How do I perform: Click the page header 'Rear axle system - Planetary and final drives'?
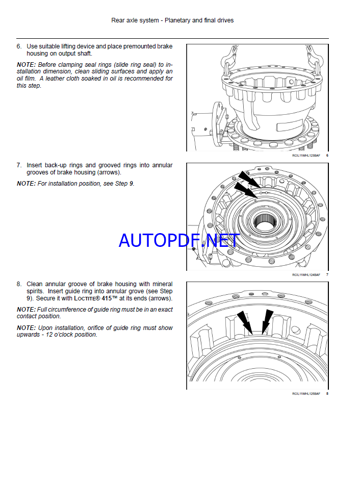coord(172,20)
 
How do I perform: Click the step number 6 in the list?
coord(19,46)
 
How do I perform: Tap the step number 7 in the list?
coord(19,165)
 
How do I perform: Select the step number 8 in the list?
coord(19,284)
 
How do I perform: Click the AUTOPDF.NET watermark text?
coord(179,240)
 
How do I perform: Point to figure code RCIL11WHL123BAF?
coord(306,155)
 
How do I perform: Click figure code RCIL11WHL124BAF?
coord(306,274)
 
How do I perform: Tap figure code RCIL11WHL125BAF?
coord(306,393)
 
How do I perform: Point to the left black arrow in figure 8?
coord(246,324)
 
